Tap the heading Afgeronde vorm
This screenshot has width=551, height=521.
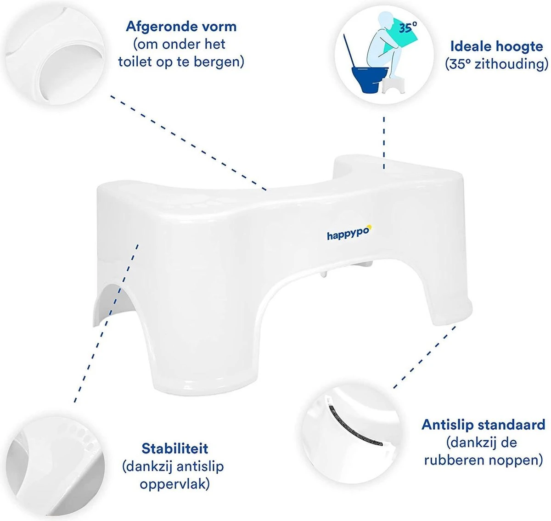(x=181, y=27)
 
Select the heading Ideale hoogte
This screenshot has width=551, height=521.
(x=497, y=46)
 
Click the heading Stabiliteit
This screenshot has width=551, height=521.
(x=174, y=448)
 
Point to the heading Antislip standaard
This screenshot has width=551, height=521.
(x=484, y=425)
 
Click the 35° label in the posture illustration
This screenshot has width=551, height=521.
(x=408, y=28)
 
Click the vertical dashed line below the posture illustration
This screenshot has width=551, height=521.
(x=384, y=143)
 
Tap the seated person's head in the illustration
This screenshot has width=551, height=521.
(x=385, y=20)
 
